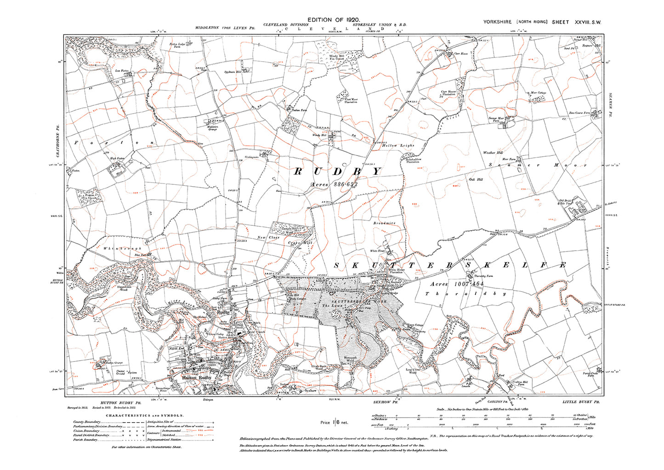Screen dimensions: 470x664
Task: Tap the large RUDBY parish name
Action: [x=337, y=172]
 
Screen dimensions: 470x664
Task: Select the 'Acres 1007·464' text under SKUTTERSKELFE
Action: [x=457, y=284]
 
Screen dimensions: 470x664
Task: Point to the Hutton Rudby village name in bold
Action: [x=197, y=378]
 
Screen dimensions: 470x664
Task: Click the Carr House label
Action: [x=460, y=54]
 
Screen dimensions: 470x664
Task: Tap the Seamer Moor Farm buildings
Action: [x=511, y=119]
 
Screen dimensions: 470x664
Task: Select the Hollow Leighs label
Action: [x=398, y=145]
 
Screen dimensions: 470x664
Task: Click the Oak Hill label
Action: [x=476, y=179]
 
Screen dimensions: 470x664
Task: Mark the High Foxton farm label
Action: [x=117, y=159]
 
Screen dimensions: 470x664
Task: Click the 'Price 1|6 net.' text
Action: [x=334, y=422]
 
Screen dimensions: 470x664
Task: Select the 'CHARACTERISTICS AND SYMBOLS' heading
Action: [x=145, y=415]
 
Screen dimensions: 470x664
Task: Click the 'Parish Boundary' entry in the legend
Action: [x=85, y=440]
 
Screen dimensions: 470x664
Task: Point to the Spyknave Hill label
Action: [x=233, y=72]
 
